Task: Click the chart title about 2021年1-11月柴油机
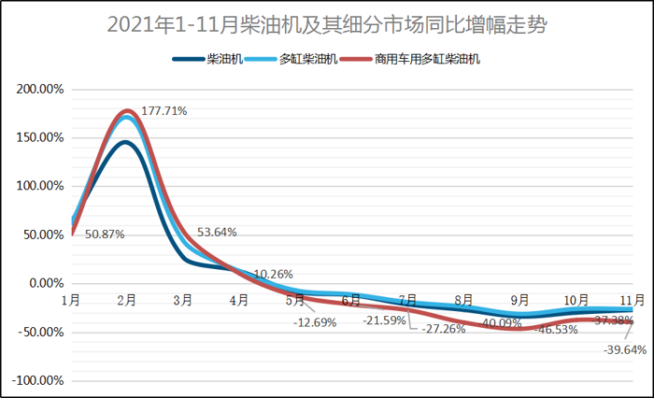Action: pos(326,24)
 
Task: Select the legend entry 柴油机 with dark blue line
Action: pos(210,59)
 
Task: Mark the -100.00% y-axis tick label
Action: pos(37,380)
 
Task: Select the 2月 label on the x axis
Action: pos(127,300)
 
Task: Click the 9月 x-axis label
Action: pos(519,300)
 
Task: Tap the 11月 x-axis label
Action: pos(632,300)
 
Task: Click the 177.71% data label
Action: pos(164,110)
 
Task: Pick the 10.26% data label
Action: pos(273,274)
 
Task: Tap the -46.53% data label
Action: pos(557,331)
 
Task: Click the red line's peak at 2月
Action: pos(127,110)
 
